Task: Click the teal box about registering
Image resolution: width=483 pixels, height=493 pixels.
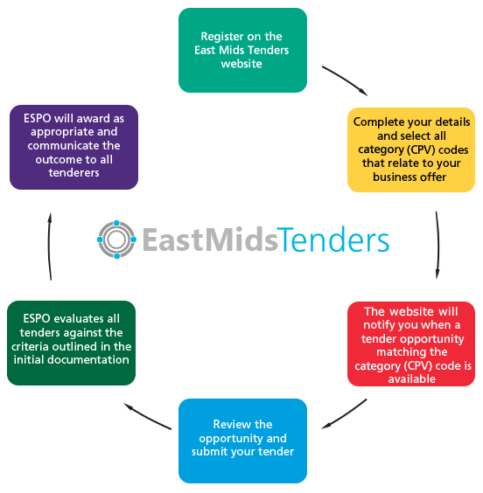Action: click(x=242, y=51)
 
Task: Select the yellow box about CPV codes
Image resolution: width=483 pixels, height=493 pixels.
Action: click(x=411, y=149)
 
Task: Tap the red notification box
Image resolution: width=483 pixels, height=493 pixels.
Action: click(x=411, y=344)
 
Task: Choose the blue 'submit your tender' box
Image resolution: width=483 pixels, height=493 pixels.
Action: click(x=242, y=441)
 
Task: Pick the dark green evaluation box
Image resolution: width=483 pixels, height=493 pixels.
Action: click(x=72, y=343)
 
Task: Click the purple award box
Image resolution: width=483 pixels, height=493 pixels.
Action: click(x=74, y=147)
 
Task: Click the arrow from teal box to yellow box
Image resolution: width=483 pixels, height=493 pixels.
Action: click(x=345, y=80)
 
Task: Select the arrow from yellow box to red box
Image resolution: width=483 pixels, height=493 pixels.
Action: click(x=438, y=246)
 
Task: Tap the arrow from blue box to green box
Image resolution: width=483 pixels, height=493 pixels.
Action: click(x=147, y=418)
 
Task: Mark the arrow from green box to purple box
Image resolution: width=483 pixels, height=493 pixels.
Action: click(x=49, y=246)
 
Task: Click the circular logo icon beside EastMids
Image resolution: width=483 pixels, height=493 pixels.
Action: click(x=116, y=240)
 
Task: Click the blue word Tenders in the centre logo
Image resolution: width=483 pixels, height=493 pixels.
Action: click(x=333, y=240)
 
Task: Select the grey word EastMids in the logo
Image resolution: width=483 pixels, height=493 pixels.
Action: click(x=210, y=240)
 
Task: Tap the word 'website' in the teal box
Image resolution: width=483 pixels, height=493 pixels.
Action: click(x=241, y=64)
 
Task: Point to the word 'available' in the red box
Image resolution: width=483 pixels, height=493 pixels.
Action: click(x=411, y=379)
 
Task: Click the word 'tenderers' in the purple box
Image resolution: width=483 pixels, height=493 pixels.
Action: click(x=74, y=172)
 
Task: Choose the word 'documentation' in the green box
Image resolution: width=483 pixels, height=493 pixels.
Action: click(x=88, y=359)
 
